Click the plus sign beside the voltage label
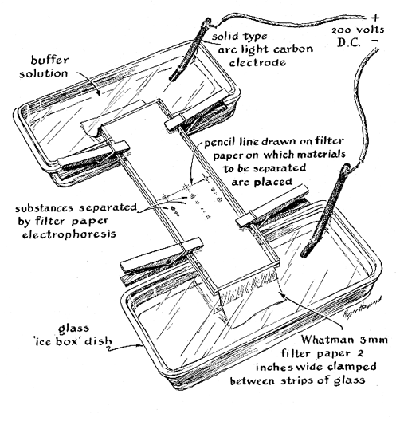coord(376,18)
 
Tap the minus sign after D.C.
coord(375,41)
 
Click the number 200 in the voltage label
coord(341,30)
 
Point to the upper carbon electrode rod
coord(189,49)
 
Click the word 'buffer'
coord(49,60)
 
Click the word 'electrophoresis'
coord(69,234)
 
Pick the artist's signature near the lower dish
coord(361,306)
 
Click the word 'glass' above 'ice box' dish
coord(73,329)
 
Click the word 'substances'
coord(45,208)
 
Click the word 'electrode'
coord(257,63)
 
